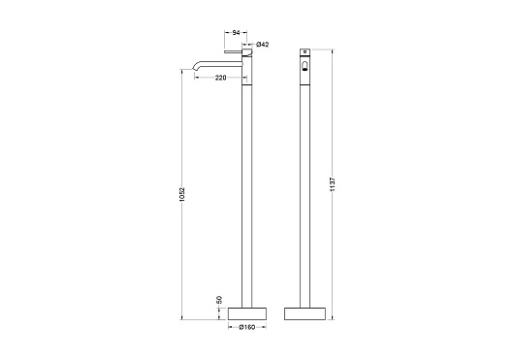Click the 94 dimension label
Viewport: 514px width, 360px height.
click(x=236, y=32)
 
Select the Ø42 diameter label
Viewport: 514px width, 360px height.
click(x=262, y=45)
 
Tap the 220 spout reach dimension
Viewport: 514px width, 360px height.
click(x=220, y=78)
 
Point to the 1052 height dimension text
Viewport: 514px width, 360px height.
click(x=182, y=194)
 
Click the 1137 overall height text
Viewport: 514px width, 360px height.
click(x=333, y=184)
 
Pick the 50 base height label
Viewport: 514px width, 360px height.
click(x=219, y=300)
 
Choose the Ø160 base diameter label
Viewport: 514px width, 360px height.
click(x=247, y=327)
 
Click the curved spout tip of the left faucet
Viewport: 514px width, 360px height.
click(x=193, y=68)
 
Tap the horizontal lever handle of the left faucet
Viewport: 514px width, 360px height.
click(x=233, y=51)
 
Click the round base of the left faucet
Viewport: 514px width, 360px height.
click(x=247, y=313)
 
